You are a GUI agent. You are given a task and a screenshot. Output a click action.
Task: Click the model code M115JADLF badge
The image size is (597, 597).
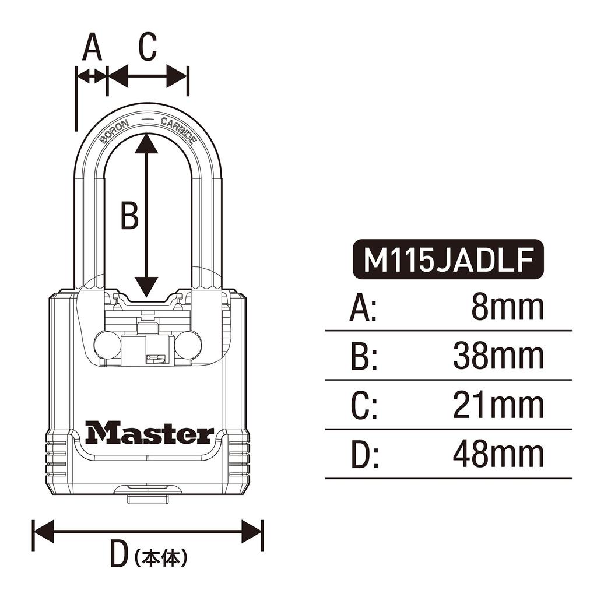point(448,260)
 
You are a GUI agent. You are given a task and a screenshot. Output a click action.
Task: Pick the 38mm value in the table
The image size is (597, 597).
point(498,356)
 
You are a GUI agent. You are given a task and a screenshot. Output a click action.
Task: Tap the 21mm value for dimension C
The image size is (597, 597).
point(498,406)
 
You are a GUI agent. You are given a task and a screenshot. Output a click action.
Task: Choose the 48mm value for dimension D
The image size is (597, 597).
point(498,455)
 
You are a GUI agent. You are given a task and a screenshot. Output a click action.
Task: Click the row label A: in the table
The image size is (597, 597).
point(363,308)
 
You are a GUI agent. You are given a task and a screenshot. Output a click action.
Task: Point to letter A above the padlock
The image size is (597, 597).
point(92,47)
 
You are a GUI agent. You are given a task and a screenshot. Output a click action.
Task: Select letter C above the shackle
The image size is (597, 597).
point(148,47)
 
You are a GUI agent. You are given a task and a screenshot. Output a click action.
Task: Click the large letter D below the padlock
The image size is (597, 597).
point(119,554)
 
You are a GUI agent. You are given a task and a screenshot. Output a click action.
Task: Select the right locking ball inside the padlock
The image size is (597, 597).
point(188,345)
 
